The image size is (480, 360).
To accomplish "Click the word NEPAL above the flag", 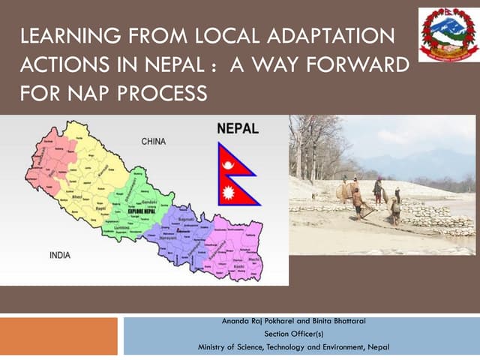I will coord(237,127).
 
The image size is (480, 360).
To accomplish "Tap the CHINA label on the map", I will coord(154,141).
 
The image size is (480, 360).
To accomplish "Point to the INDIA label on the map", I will coord(60,255).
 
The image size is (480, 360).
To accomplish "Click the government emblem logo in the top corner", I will coord(448,34).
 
